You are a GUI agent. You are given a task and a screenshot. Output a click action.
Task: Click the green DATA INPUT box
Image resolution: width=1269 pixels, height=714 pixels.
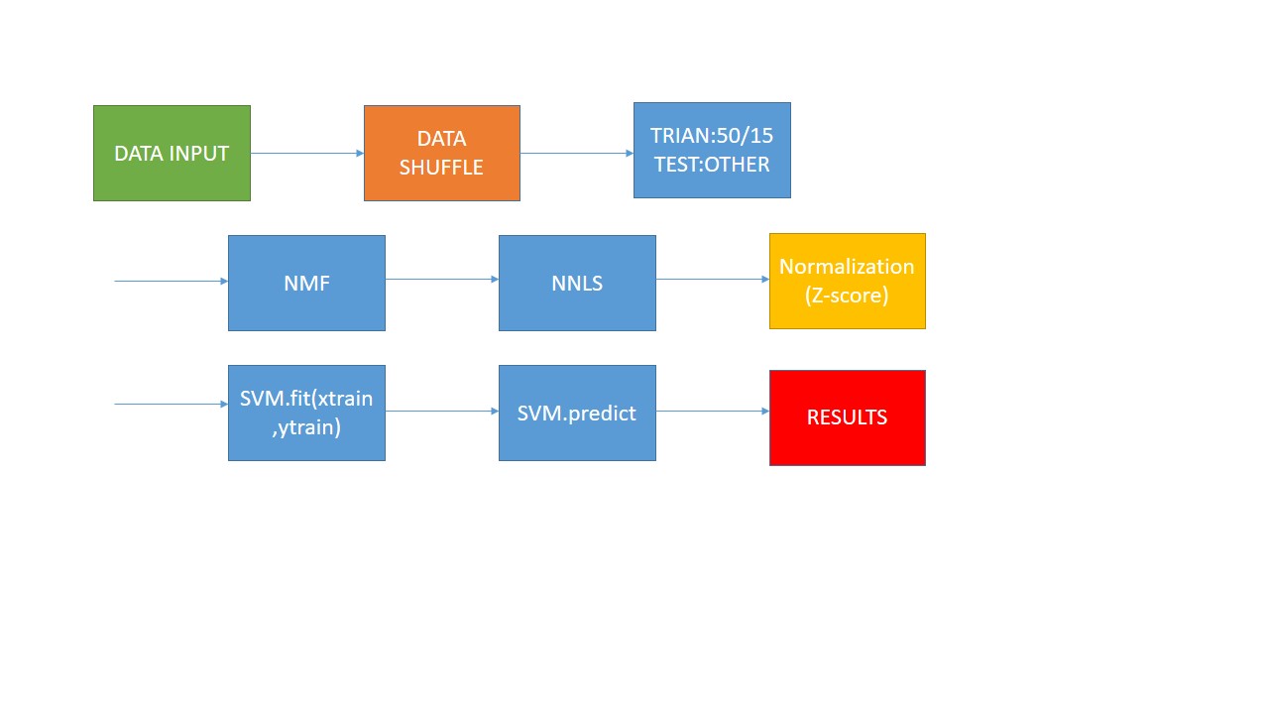click(x=172, y=154)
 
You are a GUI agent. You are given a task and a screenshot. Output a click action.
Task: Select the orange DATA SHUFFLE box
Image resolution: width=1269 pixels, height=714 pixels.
click(x=441, y=154)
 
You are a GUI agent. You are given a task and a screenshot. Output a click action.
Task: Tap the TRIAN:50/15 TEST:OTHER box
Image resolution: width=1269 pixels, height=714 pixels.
click(x=712, y=151)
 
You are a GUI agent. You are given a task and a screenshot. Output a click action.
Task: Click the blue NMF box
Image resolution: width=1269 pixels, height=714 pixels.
click(x=306, y=283)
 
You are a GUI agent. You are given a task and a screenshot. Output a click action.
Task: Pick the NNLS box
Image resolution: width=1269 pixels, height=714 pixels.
click(x=577, y=283)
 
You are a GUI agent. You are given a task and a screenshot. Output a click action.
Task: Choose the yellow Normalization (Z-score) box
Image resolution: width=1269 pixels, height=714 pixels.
click(x=847, y=282)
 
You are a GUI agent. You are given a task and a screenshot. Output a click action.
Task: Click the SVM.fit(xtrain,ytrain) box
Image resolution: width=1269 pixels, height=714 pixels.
click(x=306, y=413)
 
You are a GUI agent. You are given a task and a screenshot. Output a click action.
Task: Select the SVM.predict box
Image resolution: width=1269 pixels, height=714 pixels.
click(x=577, y=413)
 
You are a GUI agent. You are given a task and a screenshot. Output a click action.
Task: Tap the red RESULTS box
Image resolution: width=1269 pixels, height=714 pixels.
click(x=847, y=417)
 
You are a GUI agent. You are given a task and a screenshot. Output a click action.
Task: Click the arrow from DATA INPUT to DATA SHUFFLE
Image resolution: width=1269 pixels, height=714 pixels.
click(x=307, y=153)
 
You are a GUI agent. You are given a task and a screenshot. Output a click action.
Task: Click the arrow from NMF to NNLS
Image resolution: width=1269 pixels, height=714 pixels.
click(x=442, y=279)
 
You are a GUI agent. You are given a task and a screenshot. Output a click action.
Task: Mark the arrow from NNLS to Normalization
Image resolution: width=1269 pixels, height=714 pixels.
click(x=713, y=279)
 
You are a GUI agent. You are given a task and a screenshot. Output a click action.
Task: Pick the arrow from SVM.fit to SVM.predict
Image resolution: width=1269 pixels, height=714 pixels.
click(x=442, y=411)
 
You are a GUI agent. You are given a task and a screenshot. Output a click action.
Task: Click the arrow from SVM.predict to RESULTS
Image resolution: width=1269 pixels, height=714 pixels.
click(x=713, y=411)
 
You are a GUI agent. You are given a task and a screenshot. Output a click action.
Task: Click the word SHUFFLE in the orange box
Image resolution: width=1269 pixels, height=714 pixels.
click(x=441, y=168)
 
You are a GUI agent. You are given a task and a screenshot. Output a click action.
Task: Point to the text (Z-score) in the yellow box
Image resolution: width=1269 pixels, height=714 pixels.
click(x=847, y=295)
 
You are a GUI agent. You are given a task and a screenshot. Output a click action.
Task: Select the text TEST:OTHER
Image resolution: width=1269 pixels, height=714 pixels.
click(x=712, y=165)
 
